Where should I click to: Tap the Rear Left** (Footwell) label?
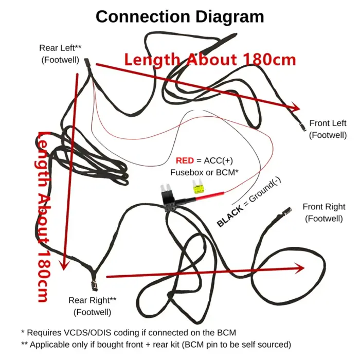click(60, 53)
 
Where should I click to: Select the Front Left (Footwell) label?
click(328, 129)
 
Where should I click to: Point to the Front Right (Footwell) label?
click(323, 212)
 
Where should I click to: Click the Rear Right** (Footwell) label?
click(93, 305)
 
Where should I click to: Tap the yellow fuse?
click(197, 189)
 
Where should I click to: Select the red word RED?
click(185, 160)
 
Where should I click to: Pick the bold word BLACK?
click(228, 218)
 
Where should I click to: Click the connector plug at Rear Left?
click(86, 63)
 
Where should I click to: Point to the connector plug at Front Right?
click(287, 211)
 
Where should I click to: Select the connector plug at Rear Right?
click(94, 284)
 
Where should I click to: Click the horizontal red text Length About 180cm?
click(210, 59)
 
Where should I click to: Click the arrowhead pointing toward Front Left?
click(295, 107)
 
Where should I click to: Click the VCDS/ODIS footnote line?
click(129, 333)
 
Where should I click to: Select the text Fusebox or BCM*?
click(205, 172)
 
